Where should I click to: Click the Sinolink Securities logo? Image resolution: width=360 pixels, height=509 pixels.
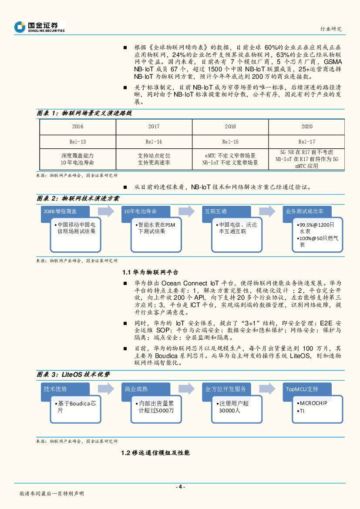click(39, 27)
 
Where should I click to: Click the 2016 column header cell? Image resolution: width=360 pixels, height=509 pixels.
click(77, 127)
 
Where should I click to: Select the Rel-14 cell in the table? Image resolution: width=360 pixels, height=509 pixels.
click(154, 142)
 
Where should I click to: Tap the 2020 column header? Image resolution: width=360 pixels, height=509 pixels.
click(306, 127)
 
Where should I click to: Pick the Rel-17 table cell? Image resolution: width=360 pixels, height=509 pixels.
click(306, 142)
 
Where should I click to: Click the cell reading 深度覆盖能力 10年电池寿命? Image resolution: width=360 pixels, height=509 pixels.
click(77, 159)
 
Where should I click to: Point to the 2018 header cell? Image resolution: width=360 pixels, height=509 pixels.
click(230, 127)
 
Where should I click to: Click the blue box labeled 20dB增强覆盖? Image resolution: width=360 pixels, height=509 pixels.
click(65, 211)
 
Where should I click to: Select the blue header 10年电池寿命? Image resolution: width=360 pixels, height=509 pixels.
click(145, 211)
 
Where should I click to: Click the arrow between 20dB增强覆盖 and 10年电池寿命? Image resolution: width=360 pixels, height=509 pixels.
click(105, 212)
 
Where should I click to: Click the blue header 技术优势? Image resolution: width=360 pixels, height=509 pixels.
click(65, 389)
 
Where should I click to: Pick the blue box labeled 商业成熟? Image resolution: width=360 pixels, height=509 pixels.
click(145, 389)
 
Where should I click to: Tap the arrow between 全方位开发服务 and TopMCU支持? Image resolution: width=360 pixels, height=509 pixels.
click(266, 389)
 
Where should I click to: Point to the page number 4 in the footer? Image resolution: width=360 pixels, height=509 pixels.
click(180, 487)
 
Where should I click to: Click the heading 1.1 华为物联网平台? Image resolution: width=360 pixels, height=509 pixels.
click(150, 272)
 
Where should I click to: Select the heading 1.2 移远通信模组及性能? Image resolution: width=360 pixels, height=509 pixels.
click(155, 453)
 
